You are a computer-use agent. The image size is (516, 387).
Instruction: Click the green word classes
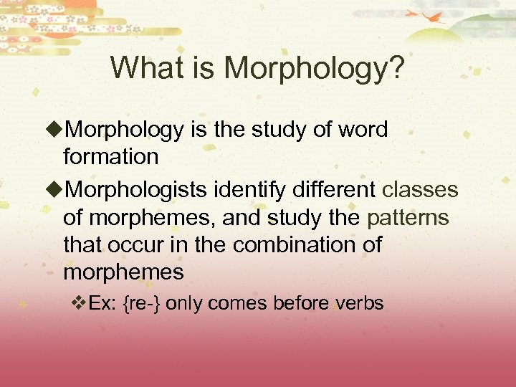(x=420, y=190)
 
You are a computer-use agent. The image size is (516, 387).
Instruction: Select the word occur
(x=136, y=244)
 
